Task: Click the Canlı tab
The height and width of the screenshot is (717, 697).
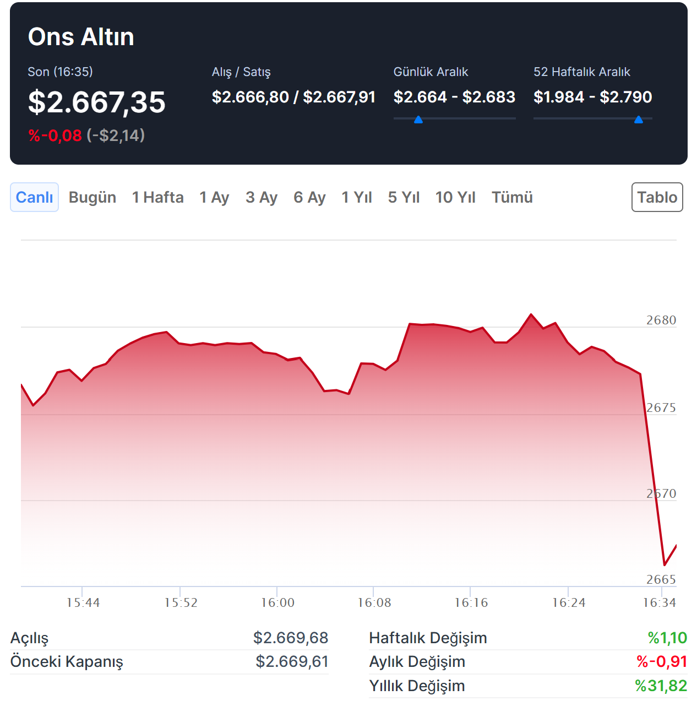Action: click(34, 197)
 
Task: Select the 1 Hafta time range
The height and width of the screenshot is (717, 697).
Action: click(157, 197)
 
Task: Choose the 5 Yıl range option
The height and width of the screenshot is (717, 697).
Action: click(404, 197)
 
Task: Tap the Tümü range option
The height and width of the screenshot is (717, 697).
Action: click(512, 197)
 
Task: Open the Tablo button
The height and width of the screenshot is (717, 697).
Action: click(657, 197)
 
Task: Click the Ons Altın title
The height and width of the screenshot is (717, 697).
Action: click(81, 37)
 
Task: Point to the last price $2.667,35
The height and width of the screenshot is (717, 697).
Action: click(97, 102)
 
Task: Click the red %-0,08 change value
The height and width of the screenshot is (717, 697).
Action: click(55, 135)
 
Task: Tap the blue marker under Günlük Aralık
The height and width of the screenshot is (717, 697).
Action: click(418, 119)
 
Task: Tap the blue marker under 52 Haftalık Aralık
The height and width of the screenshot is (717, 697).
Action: click(639, 119)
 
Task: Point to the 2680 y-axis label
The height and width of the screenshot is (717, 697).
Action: click(661, 320)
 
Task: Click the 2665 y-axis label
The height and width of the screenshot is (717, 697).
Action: click(661, 579)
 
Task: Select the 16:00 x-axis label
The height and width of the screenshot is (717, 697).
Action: click(277, 602)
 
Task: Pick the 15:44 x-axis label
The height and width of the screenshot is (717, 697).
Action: click(83, 602)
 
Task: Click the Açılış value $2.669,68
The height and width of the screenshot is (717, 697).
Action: click(291, 638)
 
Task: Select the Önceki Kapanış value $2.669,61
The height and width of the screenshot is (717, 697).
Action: click(292, 661)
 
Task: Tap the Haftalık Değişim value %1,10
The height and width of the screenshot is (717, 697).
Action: click(667, 638)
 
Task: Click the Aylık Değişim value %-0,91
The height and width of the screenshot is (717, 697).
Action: click(662, 661)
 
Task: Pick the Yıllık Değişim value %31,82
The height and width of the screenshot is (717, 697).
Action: click(661, 686)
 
